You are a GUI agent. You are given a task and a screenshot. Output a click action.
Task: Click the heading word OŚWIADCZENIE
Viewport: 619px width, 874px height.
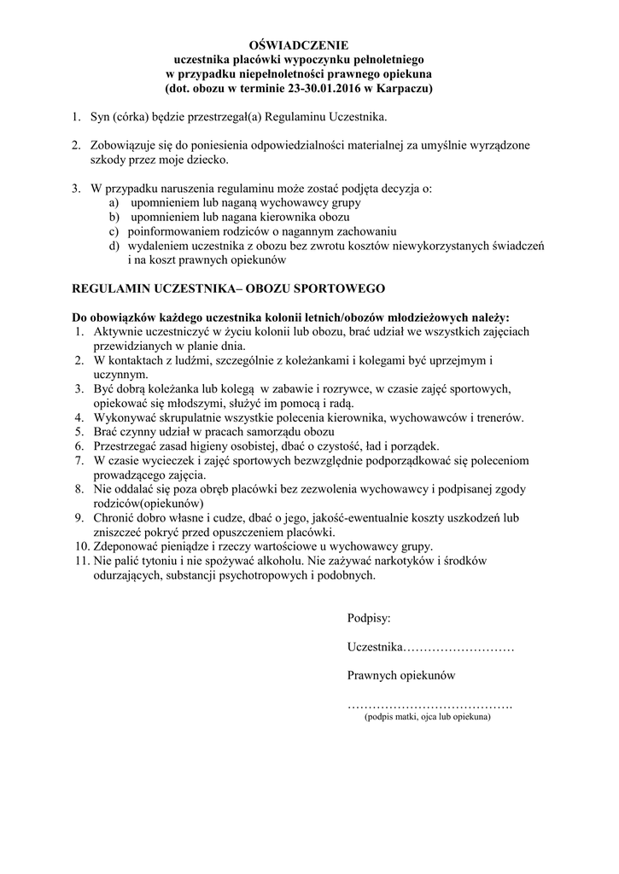(304, 45)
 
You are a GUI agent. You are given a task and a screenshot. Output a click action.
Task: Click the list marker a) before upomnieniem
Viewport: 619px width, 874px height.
(114, 203)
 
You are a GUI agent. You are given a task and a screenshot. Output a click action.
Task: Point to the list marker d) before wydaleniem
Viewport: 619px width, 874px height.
(114, 245)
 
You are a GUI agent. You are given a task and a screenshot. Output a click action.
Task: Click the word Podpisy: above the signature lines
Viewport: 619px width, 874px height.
(369, 618)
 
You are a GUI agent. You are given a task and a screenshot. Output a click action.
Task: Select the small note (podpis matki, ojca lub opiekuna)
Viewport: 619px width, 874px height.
(427, 718)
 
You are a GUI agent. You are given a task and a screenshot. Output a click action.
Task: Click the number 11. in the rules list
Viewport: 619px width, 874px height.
(81, 561)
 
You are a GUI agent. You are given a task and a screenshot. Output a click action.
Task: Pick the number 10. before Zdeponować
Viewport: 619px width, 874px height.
(81, 546)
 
